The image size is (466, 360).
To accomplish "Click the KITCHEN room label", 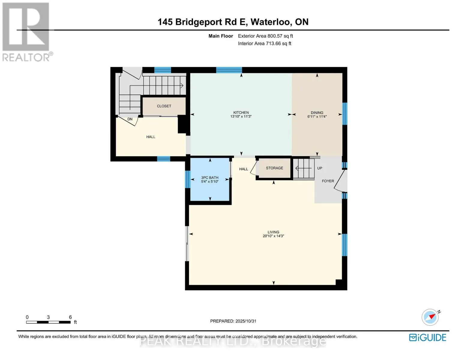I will pyautogui.click(x=241, y=112).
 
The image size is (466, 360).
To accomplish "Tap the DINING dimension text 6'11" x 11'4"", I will pyautogui.click(x=317, y=117).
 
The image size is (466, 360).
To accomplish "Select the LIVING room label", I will pyautogui.click(x=273, y=232).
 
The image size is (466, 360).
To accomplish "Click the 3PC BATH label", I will pyautogui.click(x=210, y=178).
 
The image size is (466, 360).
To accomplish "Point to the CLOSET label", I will pyautogui.click(x=164, y=106).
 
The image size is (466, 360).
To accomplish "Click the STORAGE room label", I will pyautogui.click(x=274, y=168).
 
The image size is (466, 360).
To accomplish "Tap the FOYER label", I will pyautogui.click(x=328, y=181).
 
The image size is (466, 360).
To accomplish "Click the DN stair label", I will pyautogui.click(x=130, y=119).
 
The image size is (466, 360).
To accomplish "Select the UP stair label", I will pyautogui.click(x=320, y=168).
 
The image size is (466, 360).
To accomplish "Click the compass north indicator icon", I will pyautogui.click(x=430, y=317).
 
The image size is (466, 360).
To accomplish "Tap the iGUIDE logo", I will pyautogui.click(x=428, y=337).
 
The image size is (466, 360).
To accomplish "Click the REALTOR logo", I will pyautogui.click(x=26, y=32).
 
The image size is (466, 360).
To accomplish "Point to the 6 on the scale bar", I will pyautogui.click(x=70, y=317).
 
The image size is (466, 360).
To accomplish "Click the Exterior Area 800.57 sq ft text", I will pyautogui.click(x=265, y=36).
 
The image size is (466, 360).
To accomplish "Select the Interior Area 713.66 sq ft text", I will pyautogui.click(x=264, y=43).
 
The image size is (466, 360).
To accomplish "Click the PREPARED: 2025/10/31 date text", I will pyautogui.click(x=233, y=321).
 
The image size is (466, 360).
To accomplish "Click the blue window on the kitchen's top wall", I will pyautogui.click(x=229, y=70).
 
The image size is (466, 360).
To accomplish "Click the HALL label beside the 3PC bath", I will pyautogui.click(x=243, y=169).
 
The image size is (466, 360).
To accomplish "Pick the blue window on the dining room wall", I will pyautogui.click(x=345, y=113).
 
